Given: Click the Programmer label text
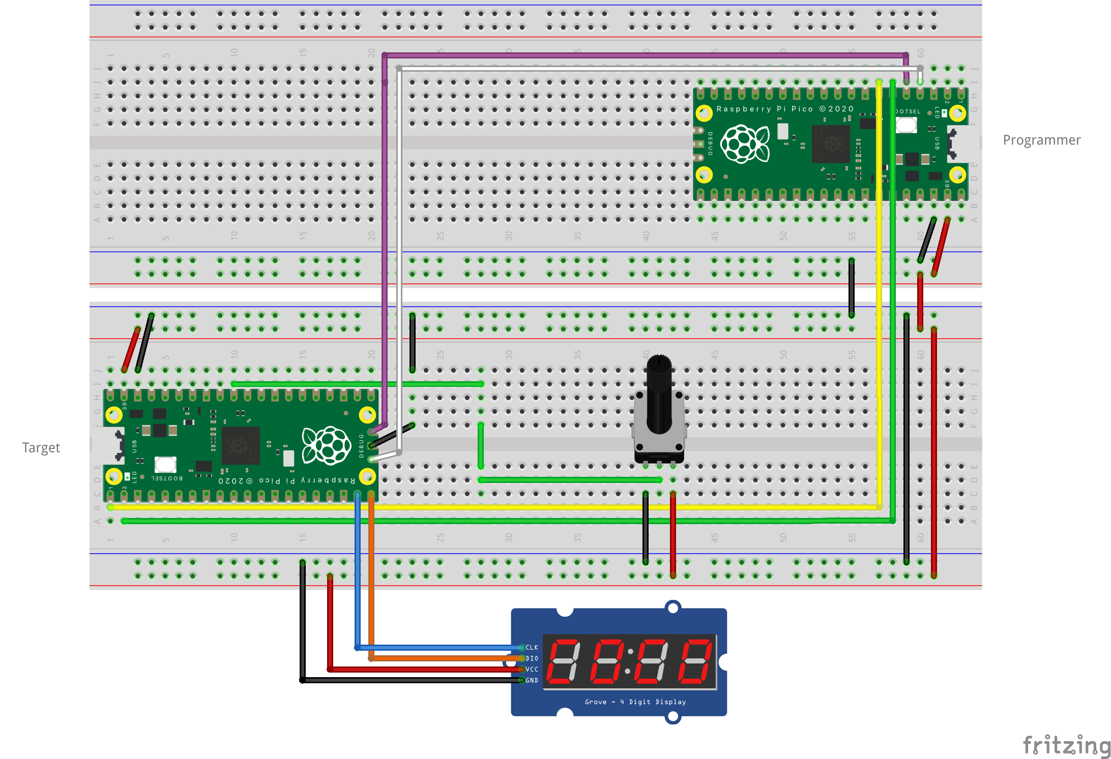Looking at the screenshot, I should (x=1041, y=140).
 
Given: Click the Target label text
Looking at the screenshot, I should (x=41, y=447).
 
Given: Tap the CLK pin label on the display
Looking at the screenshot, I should (x=532, y=647).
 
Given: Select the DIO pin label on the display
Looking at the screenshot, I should (x=532, y=658).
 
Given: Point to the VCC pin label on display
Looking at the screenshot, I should (x=532, y=670).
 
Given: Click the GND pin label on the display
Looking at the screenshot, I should (x=532, y=681).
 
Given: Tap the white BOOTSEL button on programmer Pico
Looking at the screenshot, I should (x=906, y=125).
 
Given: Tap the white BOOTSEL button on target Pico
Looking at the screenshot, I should (x=165, y=464).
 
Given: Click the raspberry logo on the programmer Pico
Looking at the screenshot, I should (x=745, y=144).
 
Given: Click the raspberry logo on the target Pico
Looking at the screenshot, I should (x=327, y=445).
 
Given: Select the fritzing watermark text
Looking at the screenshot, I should (x=1066, y=745).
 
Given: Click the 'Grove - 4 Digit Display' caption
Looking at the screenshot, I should (x=635, y=702).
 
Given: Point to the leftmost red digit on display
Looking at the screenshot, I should (x=563, y=661).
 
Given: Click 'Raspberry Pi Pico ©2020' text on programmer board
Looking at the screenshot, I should (x=784, y=109).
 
